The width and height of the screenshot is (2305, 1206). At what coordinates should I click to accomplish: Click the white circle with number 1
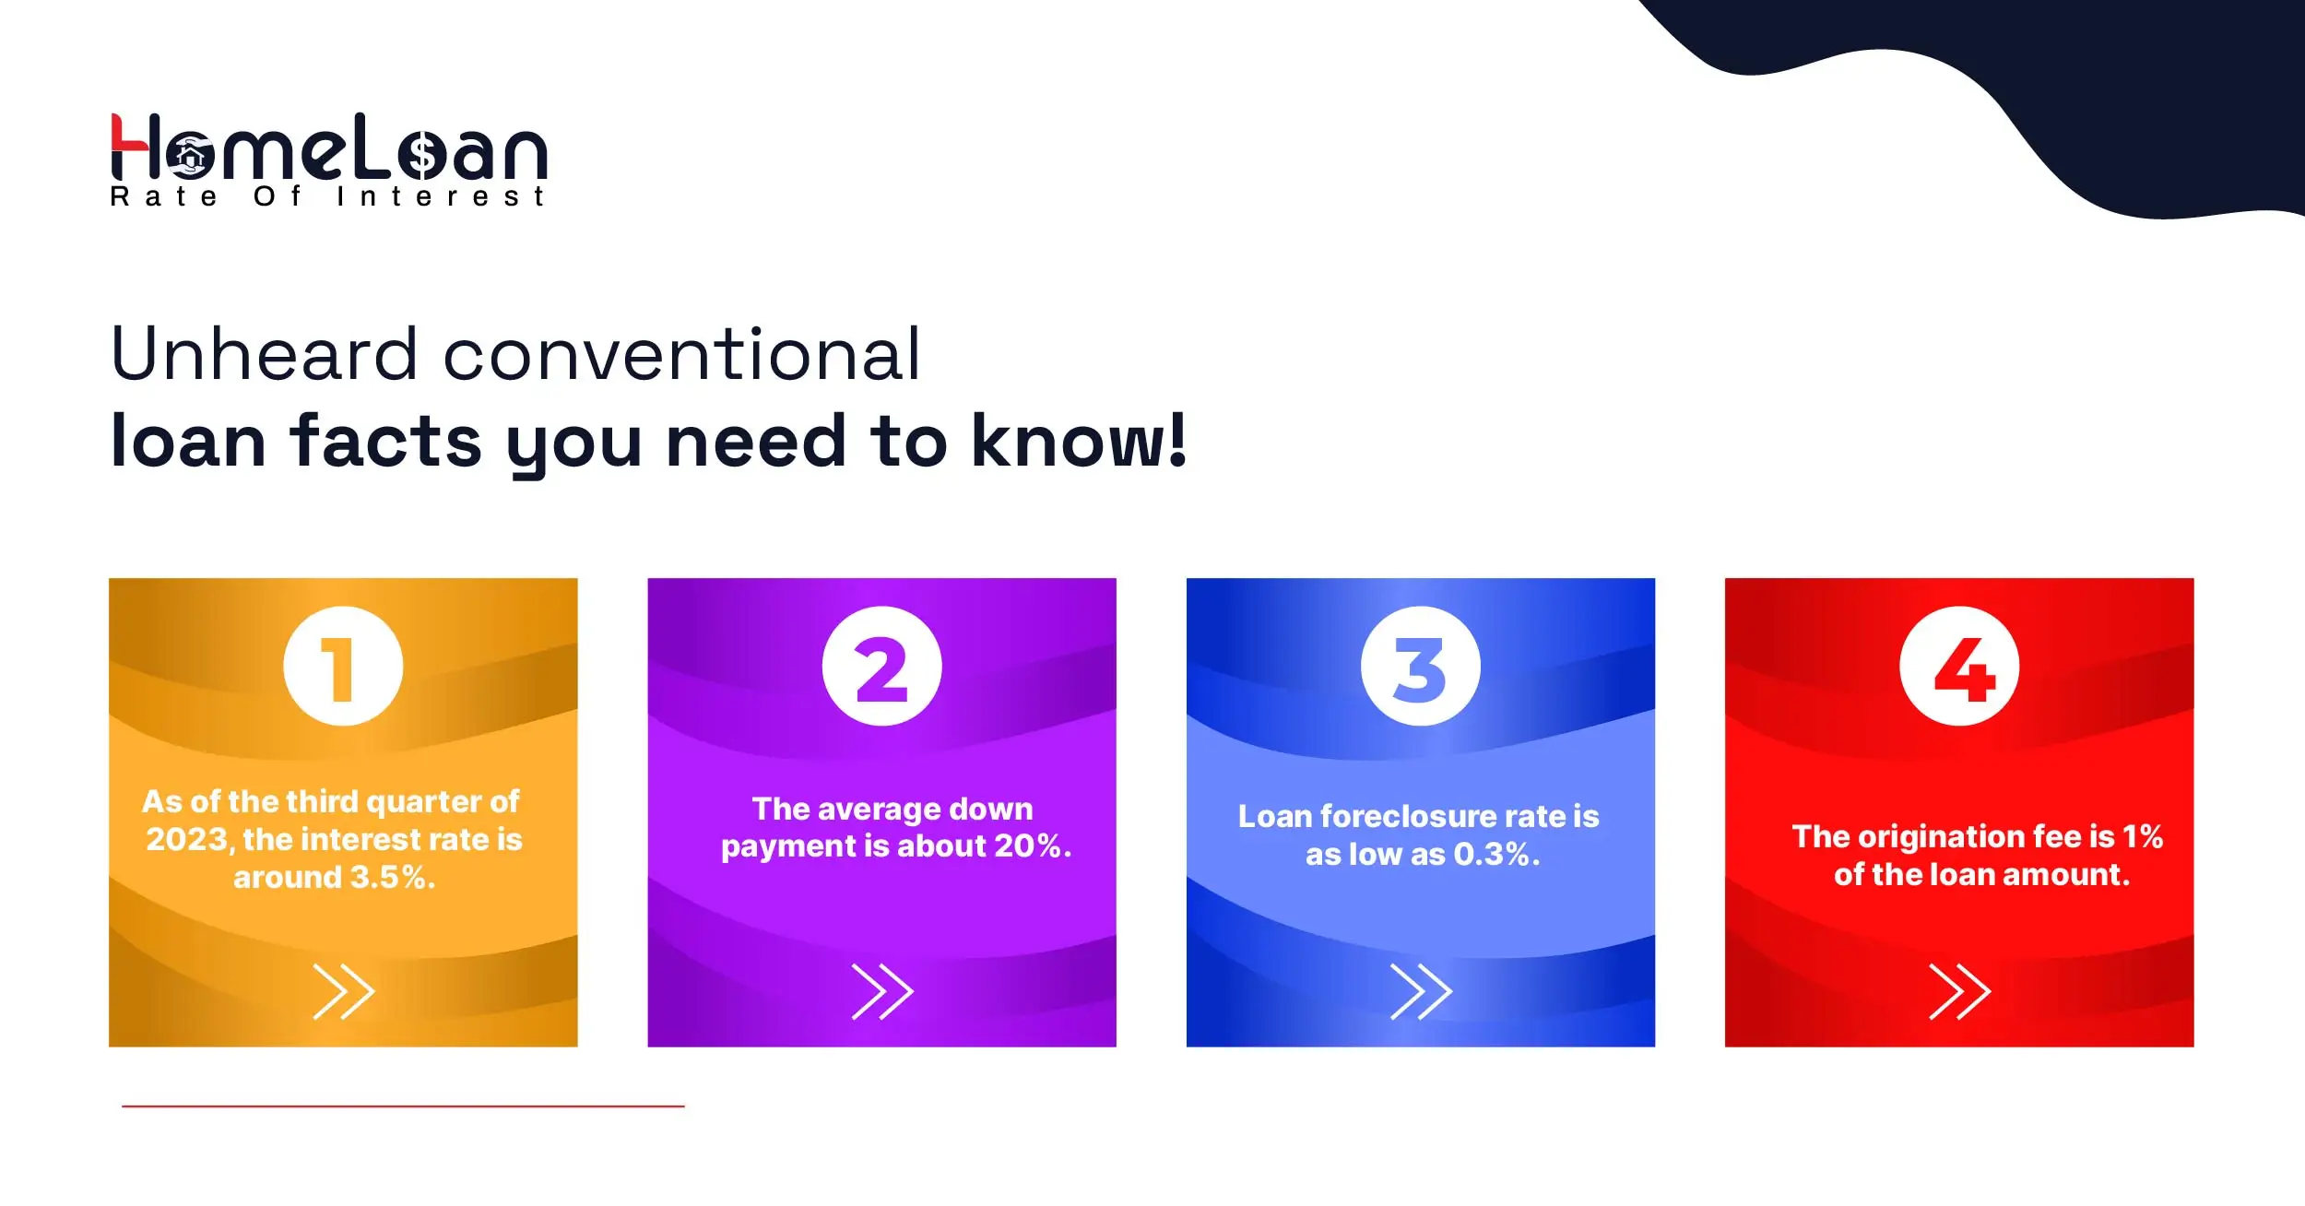click(343, 666)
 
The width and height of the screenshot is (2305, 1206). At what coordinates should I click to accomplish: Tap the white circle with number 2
click(881, 666)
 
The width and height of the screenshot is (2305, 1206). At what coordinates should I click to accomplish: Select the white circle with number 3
click(1420, 666)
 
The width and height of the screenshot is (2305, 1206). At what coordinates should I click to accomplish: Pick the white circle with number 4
click(1959, 666)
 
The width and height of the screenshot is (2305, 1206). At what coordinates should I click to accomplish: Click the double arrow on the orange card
click(343, 991)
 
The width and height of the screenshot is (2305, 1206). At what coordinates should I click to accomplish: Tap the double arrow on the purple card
click(881, 991)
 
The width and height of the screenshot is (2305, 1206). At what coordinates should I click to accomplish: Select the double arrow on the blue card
click(1420, 991)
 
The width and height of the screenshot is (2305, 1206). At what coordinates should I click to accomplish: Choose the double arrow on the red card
click(1959, 991)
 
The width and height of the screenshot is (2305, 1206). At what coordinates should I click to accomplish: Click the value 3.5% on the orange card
click(392, 877)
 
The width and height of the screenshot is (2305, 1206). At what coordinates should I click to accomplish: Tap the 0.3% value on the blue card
click(1495, 855)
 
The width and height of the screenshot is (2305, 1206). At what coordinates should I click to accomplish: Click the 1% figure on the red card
click(2142, 836)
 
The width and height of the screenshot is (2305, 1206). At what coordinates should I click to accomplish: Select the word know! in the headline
click(1079, 442)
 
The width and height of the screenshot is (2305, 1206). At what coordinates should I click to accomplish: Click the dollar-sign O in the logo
click(422, 156)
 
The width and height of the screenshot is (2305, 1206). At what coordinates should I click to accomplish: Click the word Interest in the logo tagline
click(441, 196)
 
